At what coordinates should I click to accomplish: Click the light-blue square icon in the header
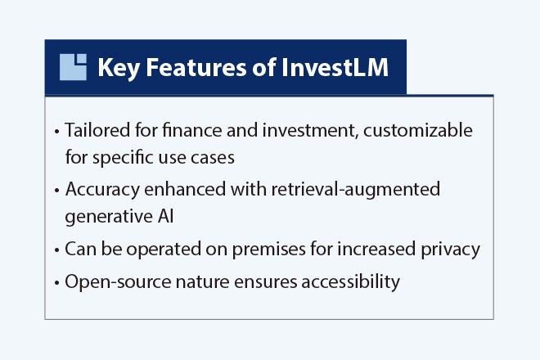(73, 67)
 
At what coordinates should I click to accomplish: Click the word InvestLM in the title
(335, 67)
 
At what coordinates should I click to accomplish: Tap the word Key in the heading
(119, 68)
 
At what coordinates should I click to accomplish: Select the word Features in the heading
(196, 67)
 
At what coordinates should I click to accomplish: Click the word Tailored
(97, 130)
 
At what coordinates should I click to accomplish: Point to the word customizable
(418, 130)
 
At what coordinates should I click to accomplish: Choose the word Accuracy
(102, 190)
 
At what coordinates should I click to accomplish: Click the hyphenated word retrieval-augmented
(356, 190)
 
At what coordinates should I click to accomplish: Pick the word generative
(109, 217)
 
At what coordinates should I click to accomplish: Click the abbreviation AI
(166, 217)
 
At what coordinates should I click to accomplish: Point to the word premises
(268, 250)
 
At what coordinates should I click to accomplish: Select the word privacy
(451, 250)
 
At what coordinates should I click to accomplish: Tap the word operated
(164, 250)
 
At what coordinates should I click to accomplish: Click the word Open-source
(118, 282)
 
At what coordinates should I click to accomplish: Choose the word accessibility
(350, 281)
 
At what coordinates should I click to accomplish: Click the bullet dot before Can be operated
(56, 250)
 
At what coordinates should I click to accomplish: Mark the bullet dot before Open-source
(56, 283)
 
